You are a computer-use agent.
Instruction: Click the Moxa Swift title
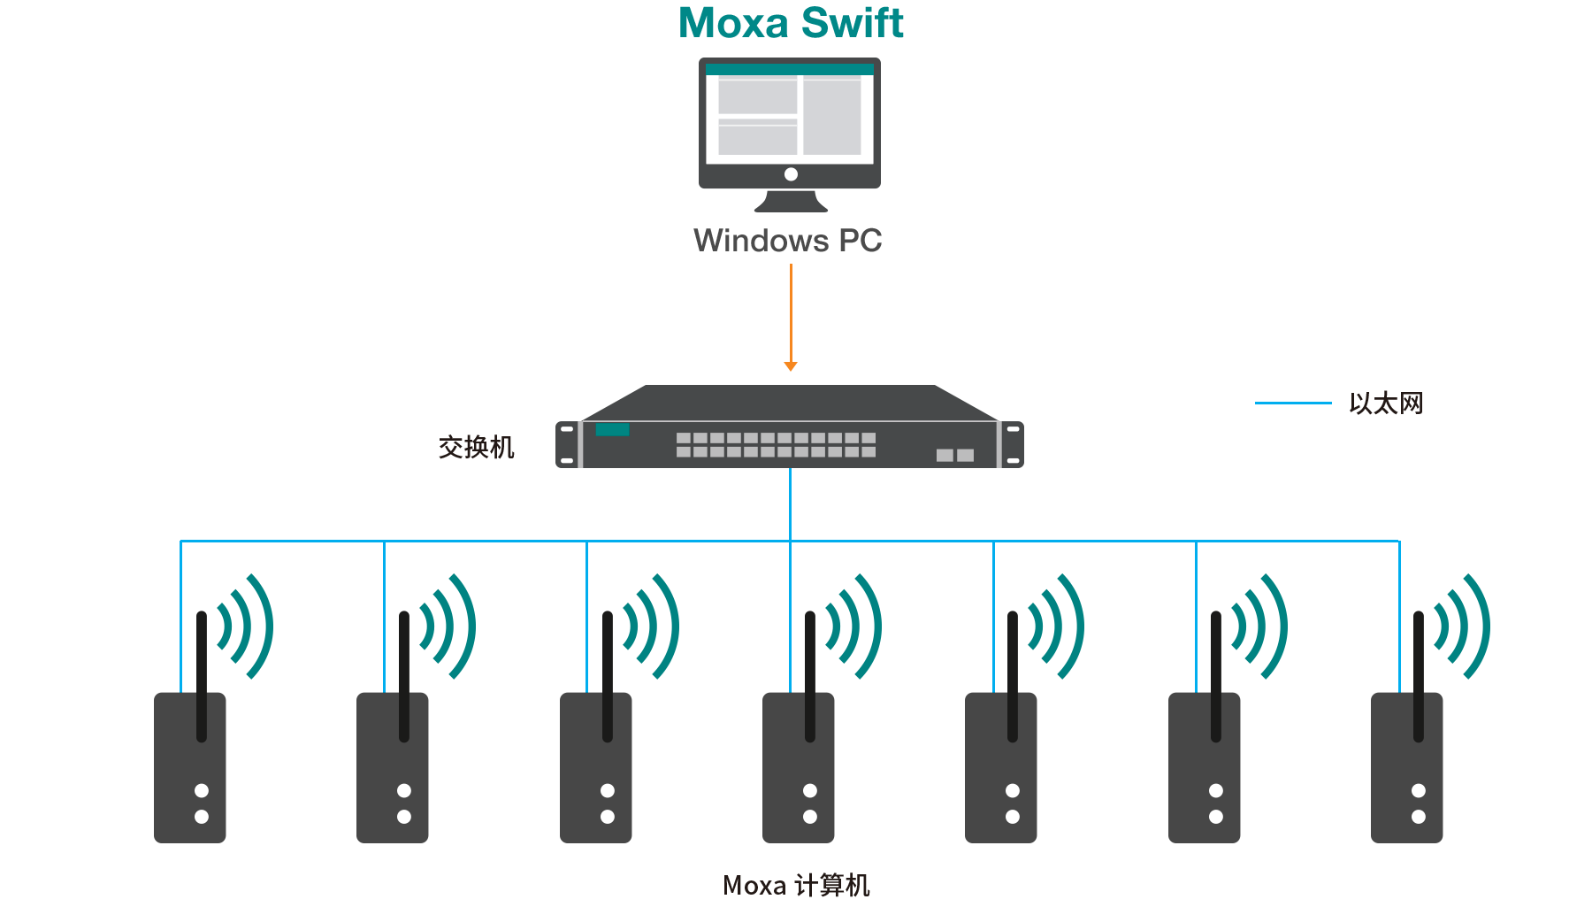(791, 23)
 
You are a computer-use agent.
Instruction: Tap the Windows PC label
(787, 241)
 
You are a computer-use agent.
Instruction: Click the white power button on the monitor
(791, 174)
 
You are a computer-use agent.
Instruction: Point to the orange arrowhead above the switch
(791, 365)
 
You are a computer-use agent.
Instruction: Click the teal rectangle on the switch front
(612, 430)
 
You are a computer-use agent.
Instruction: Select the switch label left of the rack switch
(476, 447)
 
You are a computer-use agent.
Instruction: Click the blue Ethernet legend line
(1292, 403)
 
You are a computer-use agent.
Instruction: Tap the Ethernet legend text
(1385, 404)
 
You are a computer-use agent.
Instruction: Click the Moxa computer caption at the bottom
(796, 885)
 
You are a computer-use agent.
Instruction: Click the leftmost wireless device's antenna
(202, 673)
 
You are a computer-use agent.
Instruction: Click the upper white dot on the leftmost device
(202, 790)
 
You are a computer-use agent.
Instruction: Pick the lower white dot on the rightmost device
(1419, 817)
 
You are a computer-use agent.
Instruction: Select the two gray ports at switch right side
(955, 455)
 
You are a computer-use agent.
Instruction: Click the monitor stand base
(791, 204)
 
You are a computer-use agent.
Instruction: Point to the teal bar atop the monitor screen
(790, 69)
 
